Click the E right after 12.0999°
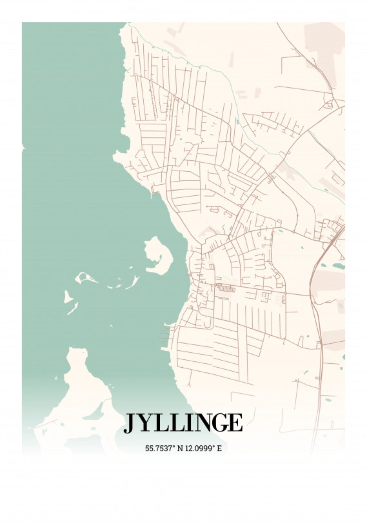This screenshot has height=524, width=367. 219,448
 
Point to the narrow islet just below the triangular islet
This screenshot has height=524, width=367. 73,309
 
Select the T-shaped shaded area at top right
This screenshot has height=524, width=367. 326,50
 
